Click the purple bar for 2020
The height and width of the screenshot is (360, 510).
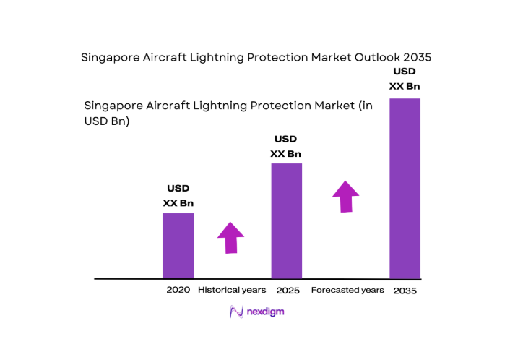(178, 246)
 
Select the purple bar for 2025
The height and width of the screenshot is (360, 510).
(286, 220)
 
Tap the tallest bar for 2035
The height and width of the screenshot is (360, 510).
(405, 188)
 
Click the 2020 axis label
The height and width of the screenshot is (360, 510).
(178, 290)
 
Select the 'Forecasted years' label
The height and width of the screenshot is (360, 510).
(347, 290)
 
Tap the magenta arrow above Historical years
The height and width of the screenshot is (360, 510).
(230, 237)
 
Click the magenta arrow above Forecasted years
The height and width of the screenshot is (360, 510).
(346, 196)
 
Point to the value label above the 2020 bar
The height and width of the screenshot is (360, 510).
(178, 196)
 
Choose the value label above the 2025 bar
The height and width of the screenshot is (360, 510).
(286, 146)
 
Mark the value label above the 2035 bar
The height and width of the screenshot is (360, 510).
(405, 79)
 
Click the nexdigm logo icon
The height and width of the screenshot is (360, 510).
(235, 312)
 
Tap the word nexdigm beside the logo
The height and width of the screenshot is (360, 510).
(264, 312)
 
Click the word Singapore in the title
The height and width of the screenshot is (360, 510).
(110, 57)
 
